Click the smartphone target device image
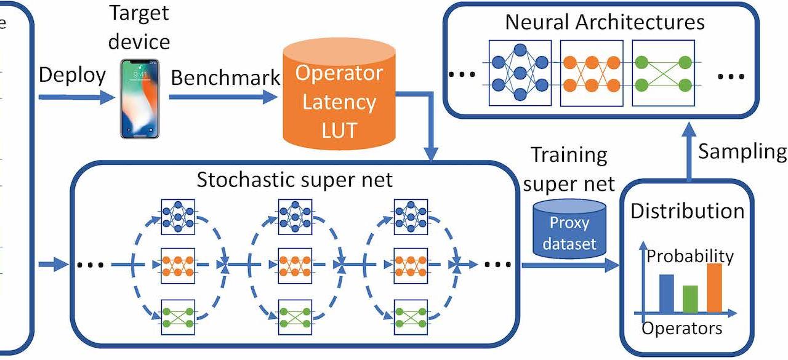pos(140,98)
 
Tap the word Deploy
pos(72,75)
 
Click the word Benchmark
pos(225,78)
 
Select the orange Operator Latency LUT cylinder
pos(339,94)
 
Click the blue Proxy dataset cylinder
pos(569,228)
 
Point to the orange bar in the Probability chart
pos(715,287)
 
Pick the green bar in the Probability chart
pos(690,298)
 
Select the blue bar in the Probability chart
pos(666,293)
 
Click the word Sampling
pos(742,152)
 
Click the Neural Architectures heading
pos(605,22)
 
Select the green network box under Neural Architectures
pos(664,73)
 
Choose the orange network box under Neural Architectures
pos(592,73)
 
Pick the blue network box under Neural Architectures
pos(520,73)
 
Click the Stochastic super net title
pos(294,180)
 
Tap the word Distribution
pos(688,211)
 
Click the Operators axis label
pos(681,329)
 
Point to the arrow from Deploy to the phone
pos(77,97)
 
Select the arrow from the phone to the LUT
pos(223,97)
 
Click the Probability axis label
pos(690,257)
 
